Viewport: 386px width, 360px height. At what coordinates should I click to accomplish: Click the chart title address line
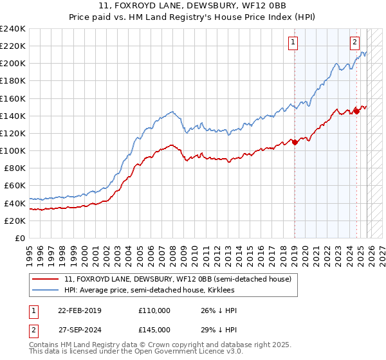pos(192,6)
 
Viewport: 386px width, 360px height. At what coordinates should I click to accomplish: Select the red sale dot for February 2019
pos(295,142)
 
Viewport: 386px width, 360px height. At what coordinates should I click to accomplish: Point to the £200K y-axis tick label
pos(13,64)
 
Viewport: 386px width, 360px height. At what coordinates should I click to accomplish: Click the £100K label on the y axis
pos(13,150)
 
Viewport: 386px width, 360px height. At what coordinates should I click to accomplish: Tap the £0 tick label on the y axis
pos(21,238)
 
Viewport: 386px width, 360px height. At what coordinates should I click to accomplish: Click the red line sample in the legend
pos(46,279)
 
